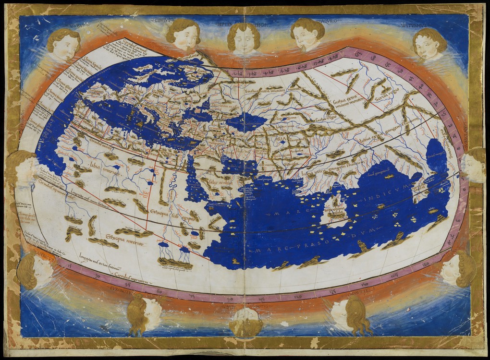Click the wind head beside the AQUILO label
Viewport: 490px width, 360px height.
click(307, 34)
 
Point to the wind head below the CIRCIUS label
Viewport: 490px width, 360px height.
click(183, 35)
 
